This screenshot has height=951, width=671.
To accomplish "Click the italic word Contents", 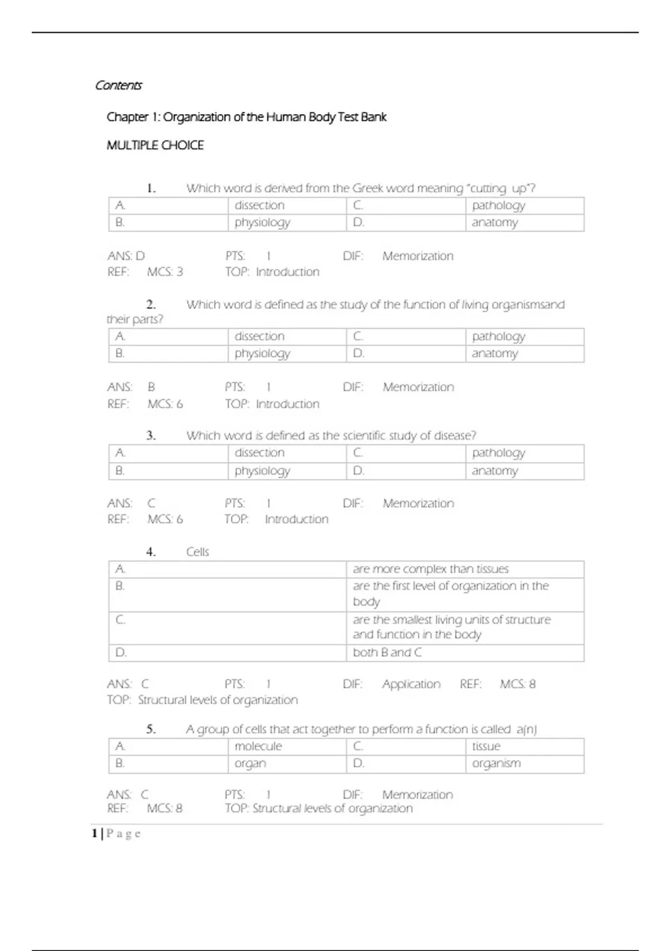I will click(x=118, y=86).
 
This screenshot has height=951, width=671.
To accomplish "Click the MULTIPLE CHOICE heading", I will click(x=155, y=145).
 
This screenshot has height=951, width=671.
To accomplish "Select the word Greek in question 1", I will click(x=367, y=189).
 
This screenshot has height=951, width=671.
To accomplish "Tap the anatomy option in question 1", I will click(x=495, y=223).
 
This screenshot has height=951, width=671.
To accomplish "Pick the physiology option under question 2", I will click(x=262, y=354).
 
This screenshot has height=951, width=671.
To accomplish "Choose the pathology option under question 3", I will click(x=498, y=453).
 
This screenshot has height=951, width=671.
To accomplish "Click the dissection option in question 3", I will click(x=259, y=453).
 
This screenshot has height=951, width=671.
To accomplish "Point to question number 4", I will click(x=151, y=552).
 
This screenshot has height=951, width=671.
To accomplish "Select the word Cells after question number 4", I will click(x=197, y=552).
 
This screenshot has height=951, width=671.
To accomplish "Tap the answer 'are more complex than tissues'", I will click(x=431, y=569).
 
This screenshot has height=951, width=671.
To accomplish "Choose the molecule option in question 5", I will click(x=258, y=746).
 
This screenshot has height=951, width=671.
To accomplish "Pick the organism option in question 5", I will click(x=496, y=764).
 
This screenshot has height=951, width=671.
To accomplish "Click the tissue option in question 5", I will click(x=486, y=746).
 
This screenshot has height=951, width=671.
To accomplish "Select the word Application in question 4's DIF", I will click(x=411, y=684).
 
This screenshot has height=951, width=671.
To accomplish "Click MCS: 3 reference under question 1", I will click(x=165, y=272).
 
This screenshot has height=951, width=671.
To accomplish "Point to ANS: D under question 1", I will click(x=126, y=256).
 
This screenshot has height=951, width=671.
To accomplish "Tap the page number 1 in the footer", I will click(x=94, y=834).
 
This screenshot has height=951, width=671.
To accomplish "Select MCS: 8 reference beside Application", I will click(x=517, y=684).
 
